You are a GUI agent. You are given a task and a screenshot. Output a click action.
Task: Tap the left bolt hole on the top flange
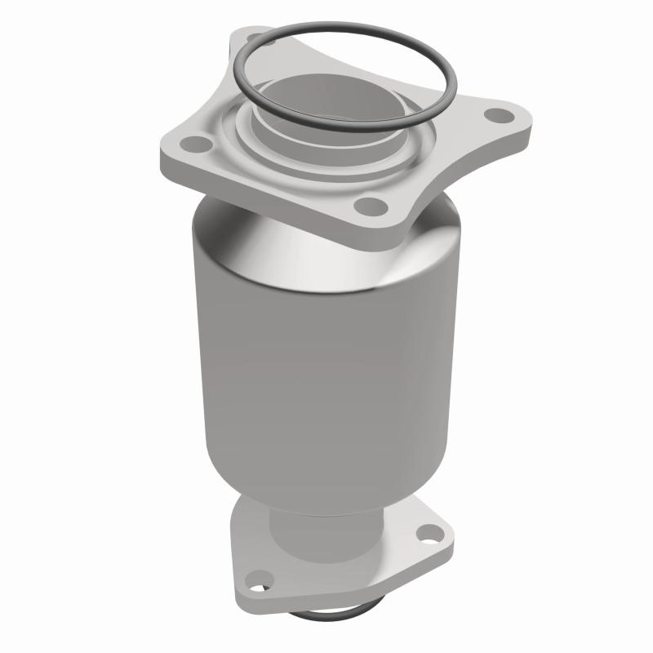[x=193, y=147]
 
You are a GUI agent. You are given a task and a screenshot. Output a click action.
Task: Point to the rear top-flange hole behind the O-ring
[x=260, y=38]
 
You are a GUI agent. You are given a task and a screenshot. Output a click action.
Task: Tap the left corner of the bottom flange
[x=245, y=592]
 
